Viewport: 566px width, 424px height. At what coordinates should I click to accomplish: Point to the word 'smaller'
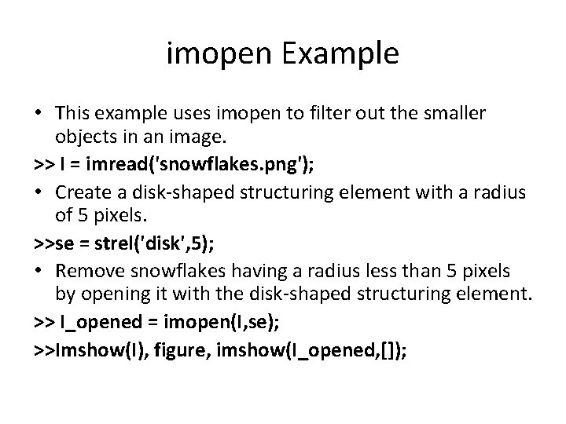click(458, 114)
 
